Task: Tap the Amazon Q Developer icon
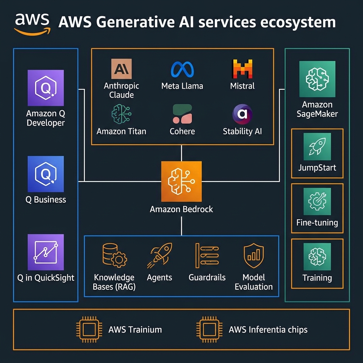(46, 88)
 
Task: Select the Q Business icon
(46, 174)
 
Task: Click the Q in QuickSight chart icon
(46, 252)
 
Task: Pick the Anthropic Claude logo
(121, 69)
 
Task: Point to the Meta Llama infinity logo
(182, 69)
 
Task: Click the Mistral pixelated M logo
(242, 69)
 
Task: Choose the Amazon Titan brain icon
(121, 113)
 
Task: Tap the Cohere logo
(182, 114)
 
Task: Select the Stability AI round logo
(242, 114)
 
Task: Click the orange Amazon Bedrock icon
(181, 181)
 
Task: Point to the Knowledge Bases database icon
(114, 256)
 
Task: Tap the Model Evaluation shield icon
(254, 256)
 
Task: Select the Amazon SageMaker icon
(317, 79)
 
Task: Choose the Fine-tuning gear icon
(317, 201)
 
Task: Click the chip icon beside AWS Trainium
(88, 329)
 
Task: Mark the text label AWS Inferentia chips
(268, 330)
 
